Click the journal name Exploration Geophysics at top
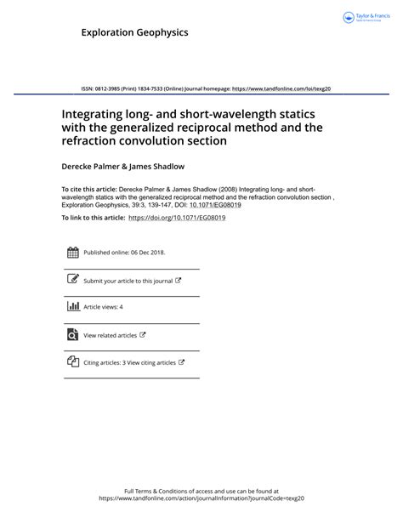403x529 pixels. [134, 32]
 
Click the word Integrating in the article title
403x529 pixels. [94, 111]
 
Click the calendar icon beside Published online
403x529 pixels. [72, 252]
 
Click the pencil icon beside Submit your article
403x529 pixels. [72, 280]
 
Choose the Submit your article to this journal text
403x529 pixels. [128, 281]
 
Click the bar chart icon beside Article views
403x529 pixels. [72, 306]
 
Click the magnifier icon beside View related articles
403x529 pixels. [72, 335]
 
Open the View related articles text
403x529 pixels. [110, 336]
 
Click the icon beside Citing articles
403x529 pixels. [72, 362]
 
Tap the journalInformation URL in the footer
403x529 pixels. [201, 498]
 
